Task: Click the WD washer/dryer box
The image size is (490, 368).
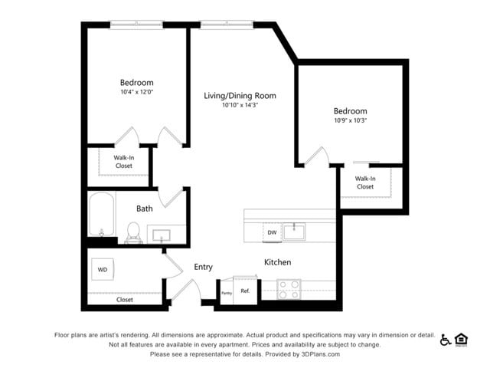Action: (x=102, y=270)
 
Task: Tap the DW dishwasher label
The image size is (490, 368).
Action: (x=272, y=232)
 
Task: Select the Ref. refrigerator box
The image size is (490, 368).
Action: (x=245, y=291)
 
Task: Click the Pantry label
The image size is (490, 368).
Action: (x=227, y=293)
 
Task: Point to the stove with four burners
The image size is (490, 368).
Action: (x=289, y=289)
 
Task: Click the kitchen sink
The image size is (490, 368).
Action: (x=294, y=230)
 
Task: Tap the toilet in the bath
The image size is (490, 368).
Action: (x=133, y=232)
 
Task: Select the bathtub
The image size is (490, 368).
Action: (x=102, y=215)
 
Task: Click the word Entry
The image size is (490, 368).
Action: (x=203, y=267)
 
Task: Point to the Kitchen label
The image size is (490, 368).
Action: (x=277, y=262)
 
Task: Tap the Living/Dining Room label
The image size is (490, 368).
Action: (x=240, y=96)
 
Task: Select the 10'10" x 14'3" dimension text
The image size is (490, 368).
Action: (x=240, y=106)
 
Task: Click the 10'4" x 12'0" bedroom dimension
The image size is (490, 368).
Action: (x=136, y=92)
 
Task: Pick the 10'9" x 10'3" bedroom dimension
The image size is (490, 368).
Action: (x=350, y=120)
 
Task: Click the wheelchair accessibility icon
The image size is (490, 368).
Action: (x=446, y=340)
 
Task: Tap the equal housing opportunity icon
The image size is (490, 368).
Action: (x=461, y=340)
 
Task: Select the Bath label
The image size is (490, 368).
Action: (x=144, y=209)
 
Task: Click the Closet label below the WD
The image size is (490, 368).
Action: (x=125, y=300)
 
